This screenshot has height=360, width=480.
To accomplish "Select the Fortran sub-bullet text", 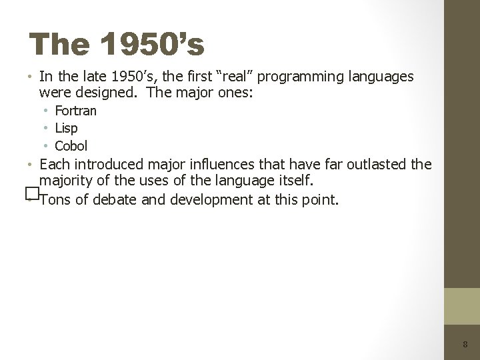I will click(75, 111).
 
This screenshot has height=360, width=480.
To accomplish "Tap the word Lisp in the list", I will click(66, 128).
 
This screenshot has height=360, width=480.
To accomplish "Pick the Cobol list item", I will click(71, 146).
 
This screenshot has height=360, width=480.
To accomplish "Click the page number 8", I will click(465, 345).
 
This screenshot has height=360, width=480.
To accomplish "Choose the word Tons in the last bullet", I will click(55, 199).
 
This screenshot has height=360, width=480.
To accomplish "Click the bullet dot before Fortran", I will click(47, 110).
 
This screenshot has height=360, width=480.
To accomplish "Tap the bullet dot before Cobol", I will click(47, 145).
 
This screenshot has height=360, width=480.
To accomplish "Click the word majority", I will click(67, 181).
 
